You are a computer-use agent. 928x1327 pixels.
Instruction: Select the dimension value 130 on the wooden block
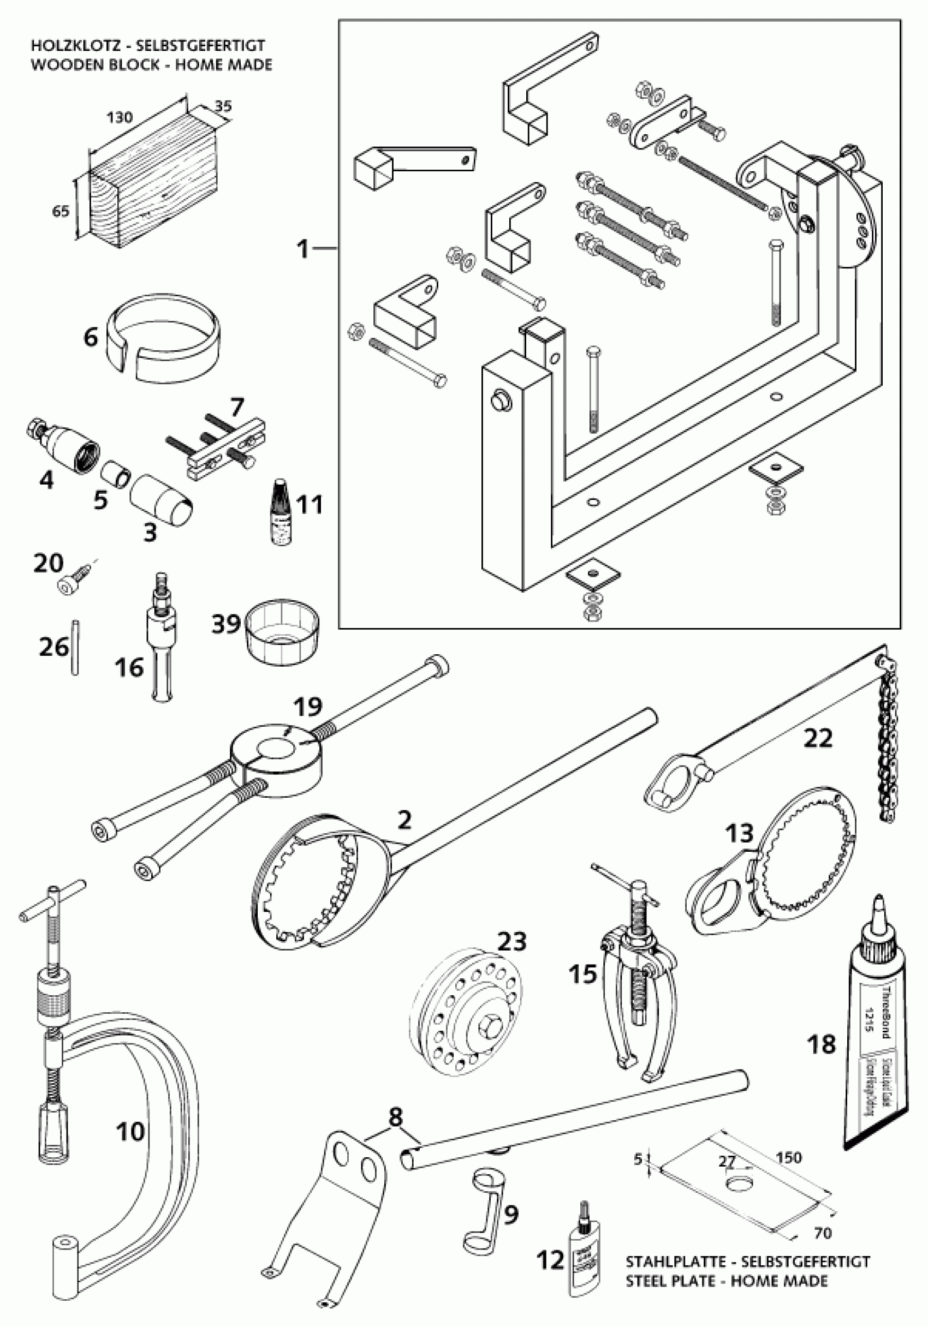pyautogui.click(x=119, y=117)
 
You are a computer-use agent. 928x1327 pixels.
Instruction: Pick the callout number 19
pyautogui.click(x=307, y=706)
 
